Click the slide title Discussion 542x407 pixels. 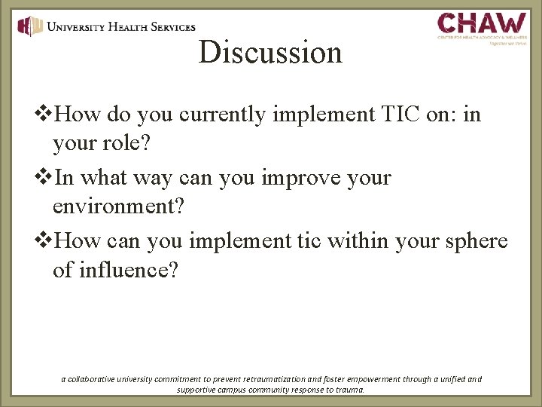pyautogui.click(x=270, y=52)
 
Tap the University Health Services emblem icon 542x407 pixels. pyautogui.click(x=31, y=27)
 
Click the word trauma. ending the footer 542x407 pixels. pyautogui.click(x=349, y=390)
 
